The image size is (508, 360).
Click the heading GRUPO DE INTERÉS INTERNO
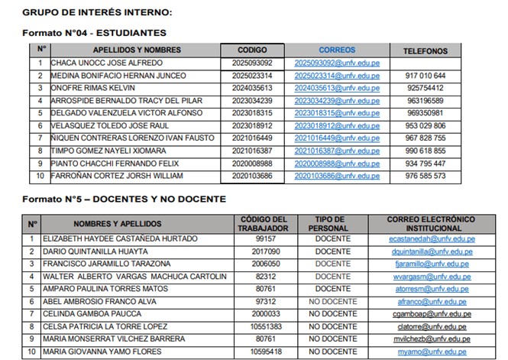(x=97, y=13)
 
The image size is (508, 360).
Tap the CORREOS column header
(x=337, y=49)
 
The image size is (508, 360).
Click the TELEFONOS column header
(x=426, y=50)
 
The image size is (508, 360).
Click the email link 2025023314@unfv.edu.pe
(x=337, y=76)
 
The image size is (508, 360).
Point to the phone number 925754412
(x=426, y=88)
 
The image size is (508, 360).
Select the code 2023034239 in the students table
(x=252, y=101)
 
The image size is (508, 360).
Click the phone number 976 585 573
(x=426, y=176)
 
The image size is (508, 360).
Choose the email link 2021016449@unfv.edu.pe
(x=337, y=138)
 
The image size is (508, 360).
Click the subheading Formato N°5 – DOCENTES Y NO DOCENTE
(x=123, y=199)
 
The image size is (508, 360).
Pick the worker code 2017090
(x=265, y=251)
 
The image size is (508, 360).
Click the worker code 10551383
(x=265, y=327)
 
